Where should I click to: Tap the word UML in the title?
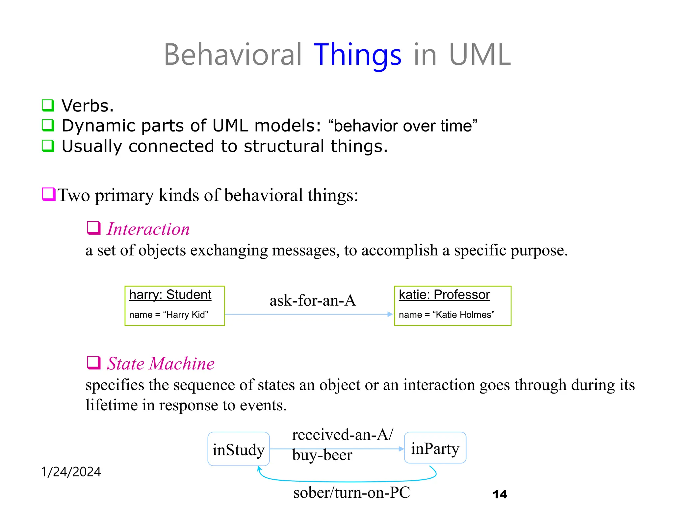(x=480, y=55)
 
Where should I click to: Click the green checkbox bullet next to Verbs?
(x=48, y=106)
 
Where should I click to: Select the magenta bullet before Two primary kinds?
(x=48, y=194)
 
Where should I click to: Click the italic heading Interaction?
(x=148, y=229)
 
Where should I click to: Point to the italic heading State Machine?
(x=161, y=364)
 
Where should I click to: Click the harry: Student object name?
(x=170, y=295)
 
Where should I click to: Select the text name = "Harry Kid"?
(x=168, y=315)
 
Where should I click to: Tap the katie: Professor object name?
(x=444, y=295)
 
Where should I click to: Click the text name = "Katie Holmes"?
(x=446, y=315)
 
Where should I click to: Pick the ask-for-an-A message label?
(x=313, y=301)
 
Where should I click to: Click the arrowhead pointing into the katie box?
(x=390, y=314)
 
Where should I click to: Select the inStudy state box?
(x=239, y=449)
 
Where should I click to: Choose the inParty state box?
(x=435, y=448)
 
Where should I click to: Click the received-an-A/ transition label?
(x=342, y=435)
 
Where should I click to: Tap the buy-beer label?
(x=322, y=455)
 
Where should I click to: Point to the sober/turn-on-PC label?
(x=351, y=493)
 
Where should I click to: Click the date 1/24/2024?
(x=71, y=472)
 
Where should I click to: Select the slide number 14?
(x=500, y=494)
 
